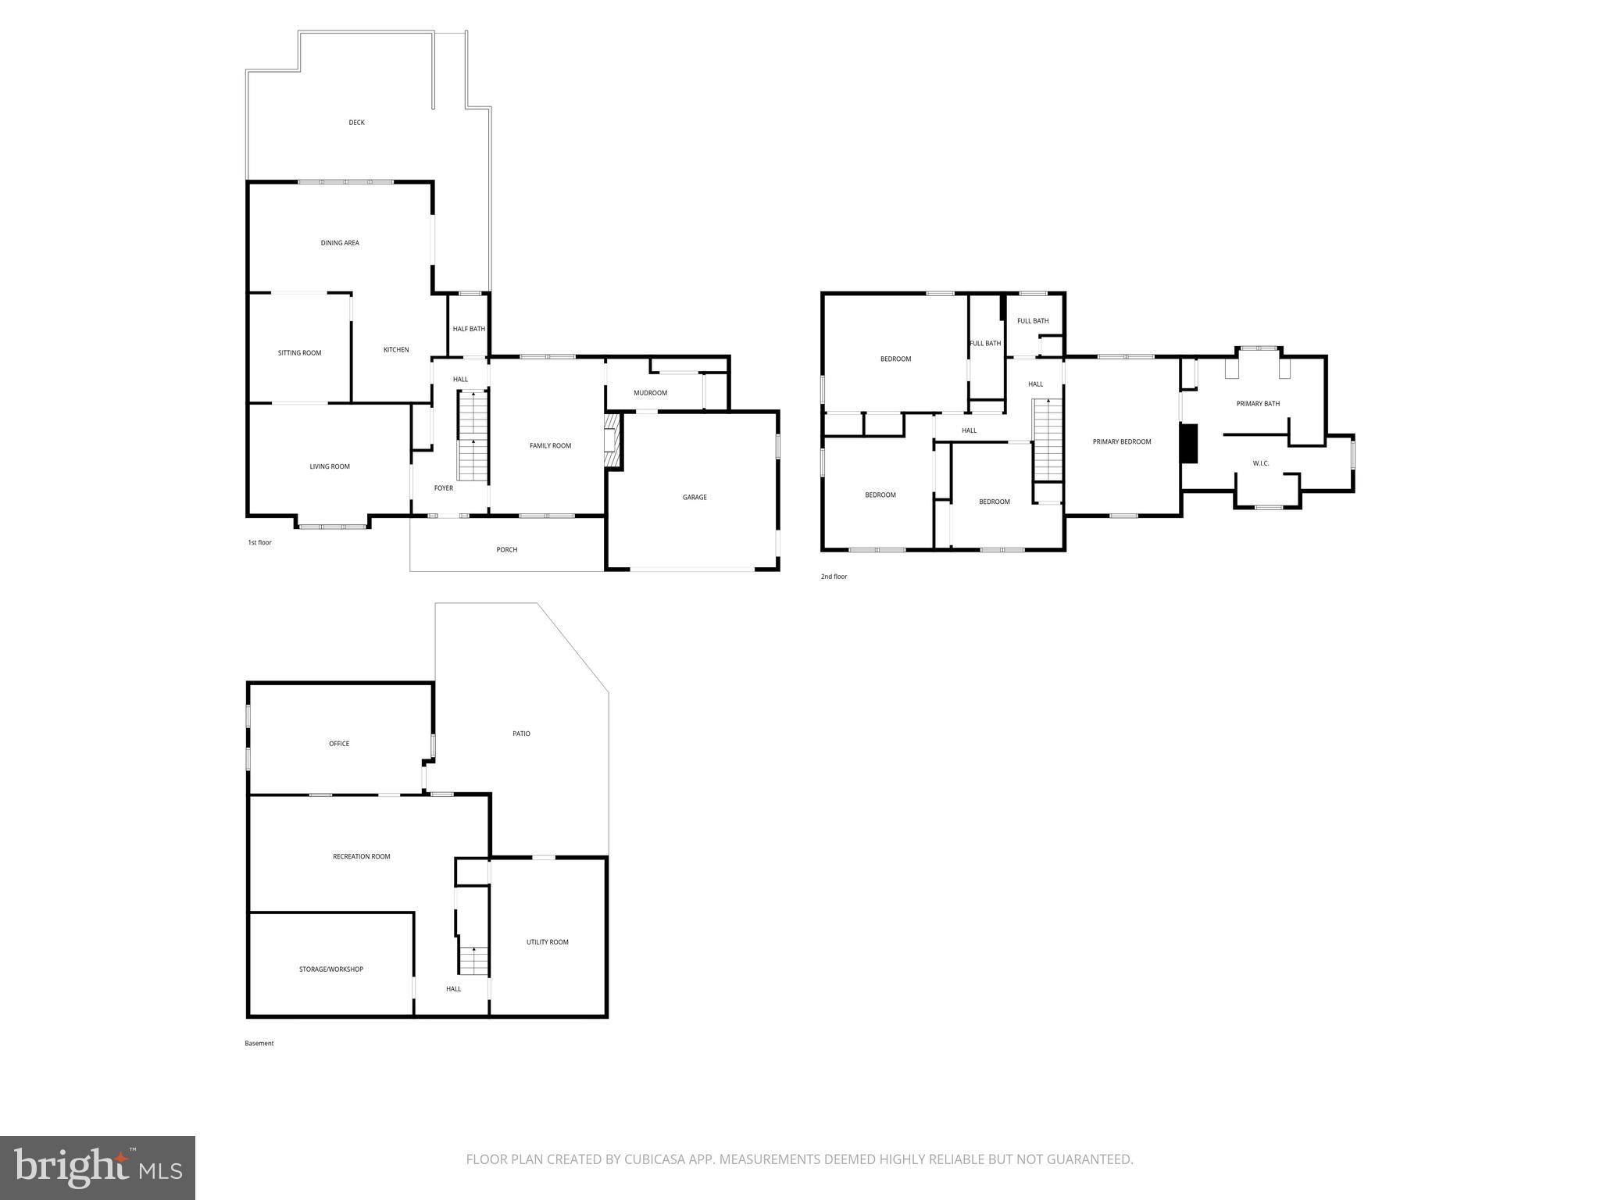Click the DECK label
[356, 123]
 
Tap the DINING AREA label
[340, 243]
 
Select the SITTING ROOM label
[299, 353]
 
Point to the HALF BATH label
[469, 329]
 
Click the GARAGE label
[695, 498]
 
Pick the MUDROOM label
[650, 393]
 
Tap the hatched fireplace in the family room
[612, 441]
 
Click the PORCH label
[506, 550]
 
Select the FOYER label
[444, 488]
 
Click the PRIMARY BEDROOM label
[1121, 442]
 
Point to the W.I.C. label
[1261, 463]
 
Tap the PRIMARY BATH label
[1258, 404]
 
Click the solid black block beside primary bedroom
[1188, 444]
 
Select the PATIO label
[521, 734]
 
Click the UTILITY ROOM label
[547, 942]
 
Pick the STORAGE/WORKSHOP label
[330, 970]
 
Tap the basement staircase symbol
[473, 960]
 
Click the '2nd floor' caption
[834, 577]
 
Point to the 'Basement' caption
[259, 1043]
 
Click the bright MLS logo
[98, 1168]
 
